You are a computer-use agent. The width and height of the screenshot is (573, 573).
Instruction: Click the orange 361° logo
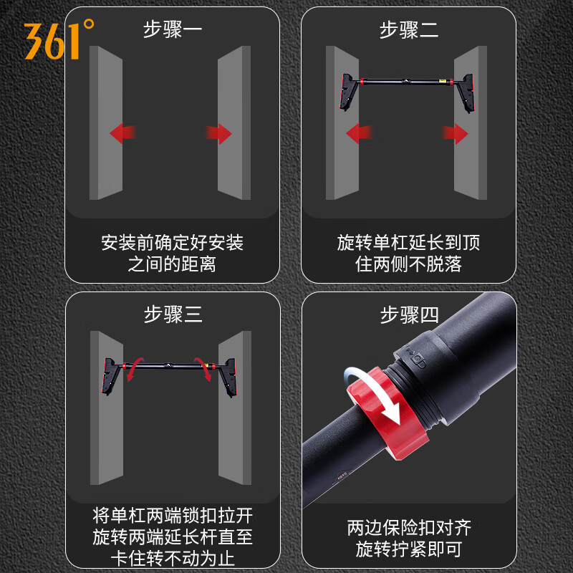(x=59, y=39)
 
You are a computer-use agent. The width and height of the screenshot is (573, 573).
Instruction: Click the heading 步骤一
(x=173, y=30)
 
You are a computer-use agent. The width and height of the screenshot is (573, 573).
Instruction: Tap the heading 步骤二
(x=409, y=30)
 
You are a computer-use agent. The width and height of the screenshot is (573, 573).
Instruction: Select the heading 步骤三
(x=173, y=314)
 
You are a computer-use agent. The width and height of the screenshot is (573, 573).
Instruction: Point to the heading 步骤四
(x=409, y=314)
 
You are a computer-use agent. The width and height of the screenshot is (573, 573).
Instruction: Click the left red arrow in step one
(x=122, y=133)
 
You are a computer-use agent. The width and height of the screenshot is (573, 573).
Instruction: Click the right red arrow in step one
(x=219, y=133)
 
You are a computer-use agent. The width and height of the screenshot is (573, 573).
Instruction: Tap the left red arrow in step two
(x=359, y=133)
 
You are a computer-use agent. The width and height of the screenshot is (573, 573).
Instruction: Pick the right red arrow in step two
(x=455, y=133)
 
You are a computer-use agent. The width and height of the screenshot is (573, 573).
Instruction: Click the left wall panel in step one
(x=105, y=122)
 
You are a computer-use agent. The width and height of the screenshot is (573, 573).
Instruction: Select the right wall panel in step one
(x=234, y=122)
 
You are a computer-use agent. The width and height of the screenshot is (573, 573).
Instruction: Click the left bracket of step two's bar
(x=347, y=90)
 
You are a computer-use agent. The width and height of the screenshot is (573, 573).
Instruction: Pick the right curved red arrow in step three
(x=206, y=372)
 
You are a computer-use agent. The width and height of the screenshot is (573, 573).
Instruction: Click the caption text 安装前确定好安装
(x=173, y=243)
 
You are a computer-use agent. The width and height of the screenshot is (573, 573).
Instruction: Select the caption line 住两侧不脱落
(x=409, y=264)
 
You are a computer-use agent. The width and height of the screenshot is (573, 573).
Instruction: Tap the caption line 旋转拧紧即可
(x=409, y=549)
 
